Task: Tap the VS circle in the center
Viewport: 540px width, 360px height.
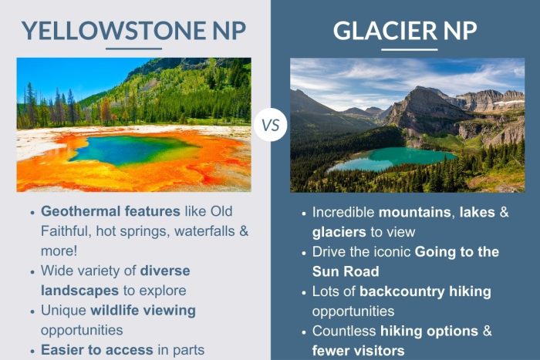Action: [x=270, y=124]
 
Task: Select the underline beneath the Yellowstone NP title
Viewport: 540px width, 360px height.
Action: [x=133, y=49]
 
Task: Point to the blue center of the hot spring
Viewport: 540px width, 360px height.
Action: [x=123, y=149]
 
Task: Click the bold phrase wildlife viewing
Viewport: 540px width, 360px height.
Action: [x=143, y=311]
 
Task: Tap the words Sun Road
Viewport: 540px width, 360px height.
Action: [x=345, y=271]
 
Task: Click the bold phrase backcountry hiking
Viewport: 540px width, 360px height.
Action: [x=425, y=291]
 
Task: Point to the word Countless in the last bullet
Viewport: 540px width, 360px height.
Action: [x=343, y=331]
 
